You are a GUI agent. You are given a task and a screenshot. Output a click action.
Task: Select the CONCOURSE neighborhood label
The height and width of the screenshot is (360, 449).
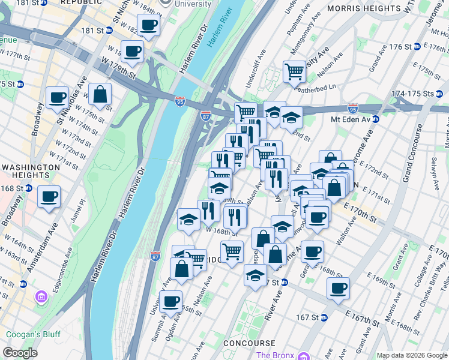coord(249,343)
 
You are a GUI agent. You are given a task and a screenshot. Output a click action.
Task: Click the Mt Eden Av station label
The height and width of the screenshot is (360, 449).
coord(352,119)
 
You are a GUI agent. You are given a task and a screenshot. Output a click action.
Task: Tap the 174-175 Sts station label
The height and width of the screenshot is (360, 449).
coord(412,94)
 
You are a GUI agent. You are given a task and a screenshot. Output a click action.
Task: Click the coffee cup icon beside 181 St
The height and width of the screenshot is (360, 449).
coord(148,25)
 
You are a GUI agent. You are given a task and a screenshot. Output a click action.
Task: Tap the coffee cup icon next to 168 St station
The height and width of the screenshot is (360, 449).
coord(49,196)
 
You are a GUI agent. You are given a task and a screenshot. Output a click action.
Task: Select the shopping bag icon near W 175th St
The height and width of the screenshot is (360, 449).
coord(100,94)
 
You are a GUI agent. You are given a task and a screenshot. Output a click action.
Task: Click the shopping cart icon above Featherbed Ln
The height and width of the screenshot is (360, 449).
coord(294,71)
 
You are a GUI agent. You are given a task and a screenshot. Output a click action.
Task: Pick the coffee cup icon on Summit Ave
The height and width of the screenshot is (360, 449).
coord(171,301)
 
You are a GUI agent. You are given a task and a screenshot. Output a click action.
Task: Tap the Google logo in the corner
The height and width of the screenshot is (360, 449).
coord(20,353)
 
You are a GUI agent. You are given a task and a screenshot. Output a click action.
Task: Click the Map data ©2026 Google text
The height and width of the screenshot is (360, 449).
coord(411,355)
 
